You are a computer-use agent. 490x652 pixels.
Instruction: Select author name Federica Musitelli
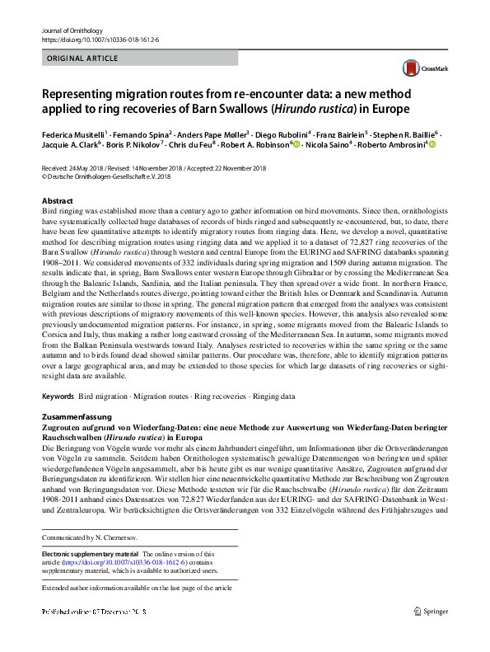click(72, 134)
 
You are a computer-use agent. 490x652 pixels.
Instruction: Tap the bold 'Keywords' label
click(57, 396)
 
